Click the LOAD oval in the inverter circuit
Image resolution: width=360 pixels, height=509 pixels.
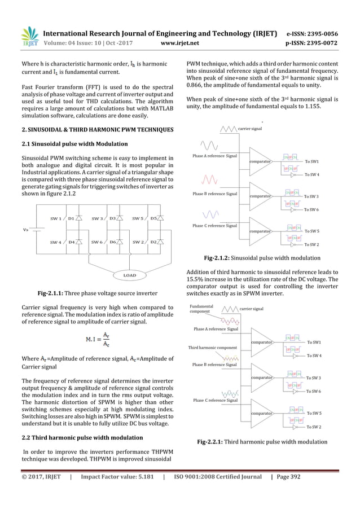[x=126, y=275]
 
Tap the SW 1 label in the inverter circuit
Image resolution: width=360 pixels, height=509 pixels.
[x=55, y=218]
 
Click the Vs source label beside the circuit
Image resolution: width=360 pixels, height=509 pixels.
[x=24, y=230]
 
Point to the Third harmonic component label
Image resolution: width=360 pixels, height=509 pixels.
[x=212, y=347]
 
